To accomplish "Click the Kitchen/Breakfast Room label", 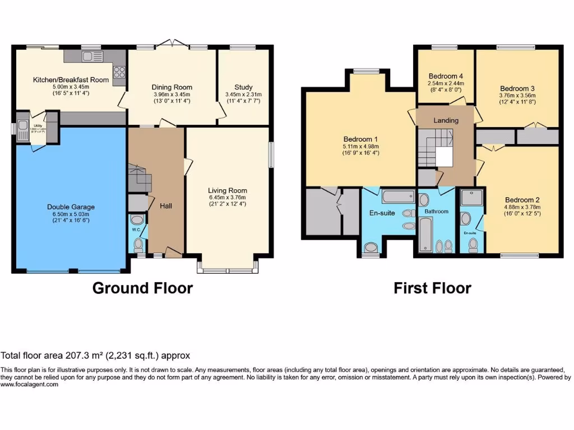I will (71, 80).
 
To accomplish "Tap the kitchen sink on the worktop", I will (90, 55).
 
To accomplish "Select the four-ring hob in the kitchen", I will (119, 71).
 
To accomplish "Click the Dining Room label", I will (172, 87).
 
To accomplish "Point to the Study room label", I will (243, 87).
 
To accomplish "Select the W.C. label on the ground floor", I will (136, 230).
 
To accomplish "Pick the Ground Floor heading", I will (142, 288).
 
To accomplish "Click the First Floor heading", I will (432, 288).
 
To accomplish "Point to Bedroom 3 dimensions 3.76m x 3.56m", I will (517, 95).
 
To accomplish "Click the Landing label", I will (446, 120).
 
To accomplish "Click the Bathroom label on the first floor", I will (436, 211).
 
